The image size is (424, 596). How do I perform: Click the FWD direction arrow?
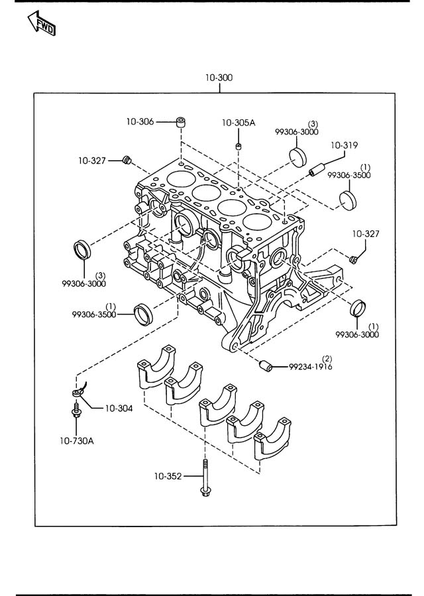(42, 23)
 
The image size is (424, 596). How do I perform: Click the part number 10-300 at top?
(219, 77)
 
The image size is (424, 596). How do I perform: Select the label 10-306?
(140, 121)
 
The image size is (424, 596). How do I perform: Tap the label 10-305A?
(238, 123)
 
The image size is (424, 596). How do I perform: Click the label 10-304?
(119, 409)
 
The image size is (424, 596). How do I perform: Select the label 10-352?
(169, 475)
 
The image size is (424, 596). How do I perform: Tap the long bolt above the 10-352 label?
(205, 477)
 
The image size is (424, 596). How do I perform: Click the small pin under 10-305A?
(238, 145)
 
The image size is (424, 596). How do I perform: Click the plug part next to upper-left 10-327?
(128, 159)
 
